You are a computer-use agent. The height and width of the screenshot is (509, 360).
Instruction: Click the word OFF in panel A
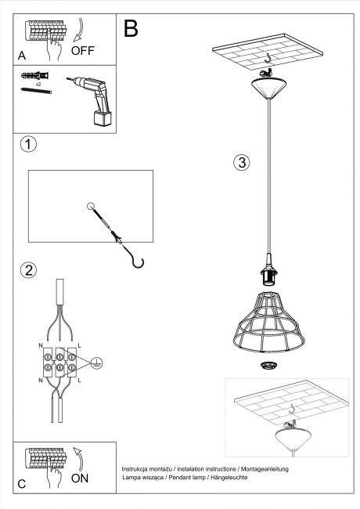tap(82, 51)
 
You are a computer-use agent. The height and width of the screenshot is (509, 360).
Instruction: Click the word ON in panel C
tap(80, 478)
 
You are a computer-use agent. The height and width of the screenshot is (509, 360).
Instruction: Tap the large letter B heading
tap(131, 28)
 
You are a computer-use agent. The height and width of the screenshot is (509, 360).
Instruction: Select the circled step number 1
tap(28, 144)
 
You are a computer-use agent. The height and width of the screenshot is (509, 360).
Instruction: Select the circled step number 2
tap(28, 270)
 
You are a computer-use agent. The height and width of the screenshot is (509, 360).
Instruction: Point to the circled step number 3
tap(242, 162)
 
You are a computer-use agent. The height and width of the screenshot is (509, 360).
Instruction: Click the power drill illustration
tap(92, 100)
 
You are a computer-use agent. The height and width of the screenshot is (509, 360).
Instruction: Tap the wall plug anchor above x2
tap(34, 76)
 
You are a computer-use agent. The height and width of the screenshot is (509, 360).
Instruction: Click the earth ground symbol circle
tap(96, 363)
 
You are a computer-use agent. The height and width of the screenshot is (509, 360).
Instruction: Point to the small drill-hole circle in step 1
tap(91, 206)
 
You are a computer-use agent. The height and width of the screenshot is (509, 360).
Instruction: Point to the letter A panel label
tap(22, 56)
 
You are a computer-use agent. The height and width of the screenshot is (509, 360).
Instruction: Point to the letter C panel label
tap(22, 484)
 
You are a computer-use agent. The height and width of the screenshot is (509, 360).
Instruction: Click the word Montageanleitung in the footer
tap(265, 469)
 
